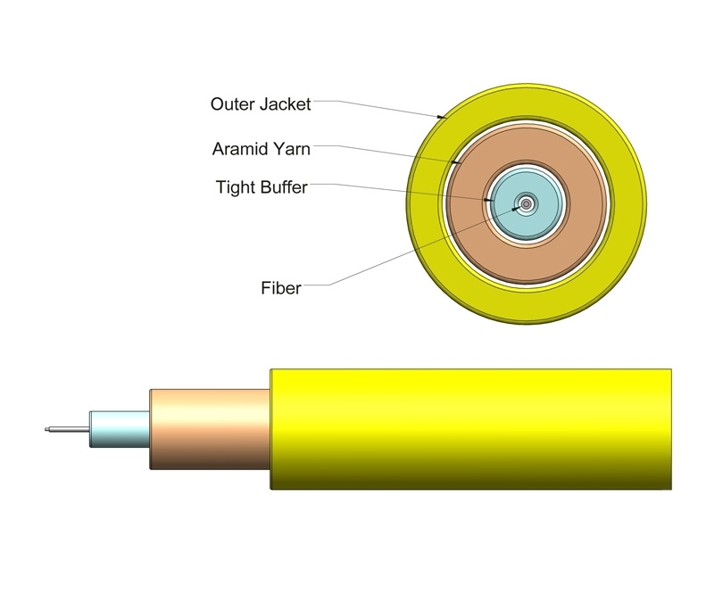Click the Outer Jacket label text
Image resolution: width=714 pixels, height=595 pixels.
261,104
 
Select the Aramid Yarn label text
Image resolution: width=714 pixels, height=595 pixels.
261,148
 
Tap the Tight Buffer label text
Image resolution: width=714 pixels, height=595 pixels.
262,187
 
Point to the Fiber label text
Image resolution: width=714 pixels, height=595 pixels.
281,288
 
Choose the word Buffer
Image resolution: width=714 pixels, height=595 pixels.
283,187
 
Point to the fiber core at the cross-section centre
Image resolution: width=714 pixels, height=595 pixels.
527,204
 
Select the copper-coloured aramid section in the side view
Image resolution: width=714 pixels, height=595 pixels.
210,429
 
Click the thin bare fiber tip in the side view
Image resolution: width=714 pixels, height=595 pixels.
67,430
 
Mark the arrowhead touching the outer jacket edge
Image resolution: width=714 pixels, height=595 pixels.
441,116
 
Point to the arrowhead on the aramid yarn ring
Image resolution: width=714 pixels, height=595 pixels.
456,162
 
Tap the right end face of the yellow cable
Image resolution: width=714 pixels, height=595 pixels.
669,428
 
